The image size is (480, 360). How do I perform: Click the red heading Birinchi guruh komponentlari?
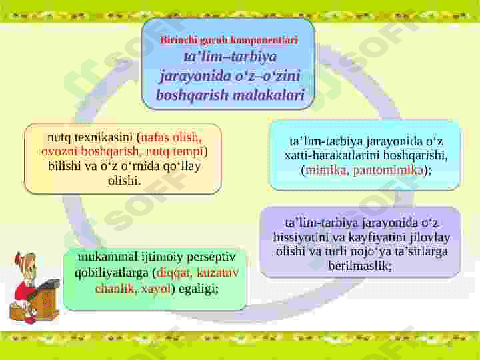coord(229,40)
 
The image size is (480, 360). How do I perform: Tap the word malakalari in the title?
coord(269,95)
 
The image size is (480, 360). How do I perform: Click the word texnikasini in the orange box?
coord(103,137)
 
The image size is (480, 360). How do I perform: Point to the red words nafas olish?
coord(171,137)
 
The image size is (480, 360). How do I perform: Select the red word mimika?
coord(325,170)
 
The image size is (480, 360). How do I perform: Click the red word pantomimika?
coord(388,170)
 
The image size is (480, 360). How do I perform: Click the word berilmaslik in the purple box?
coord(359,265)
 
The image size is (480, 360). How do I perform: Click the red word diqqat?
coord(173,273)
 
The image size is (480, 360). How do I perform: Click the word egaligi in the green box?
coord(198,289)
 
